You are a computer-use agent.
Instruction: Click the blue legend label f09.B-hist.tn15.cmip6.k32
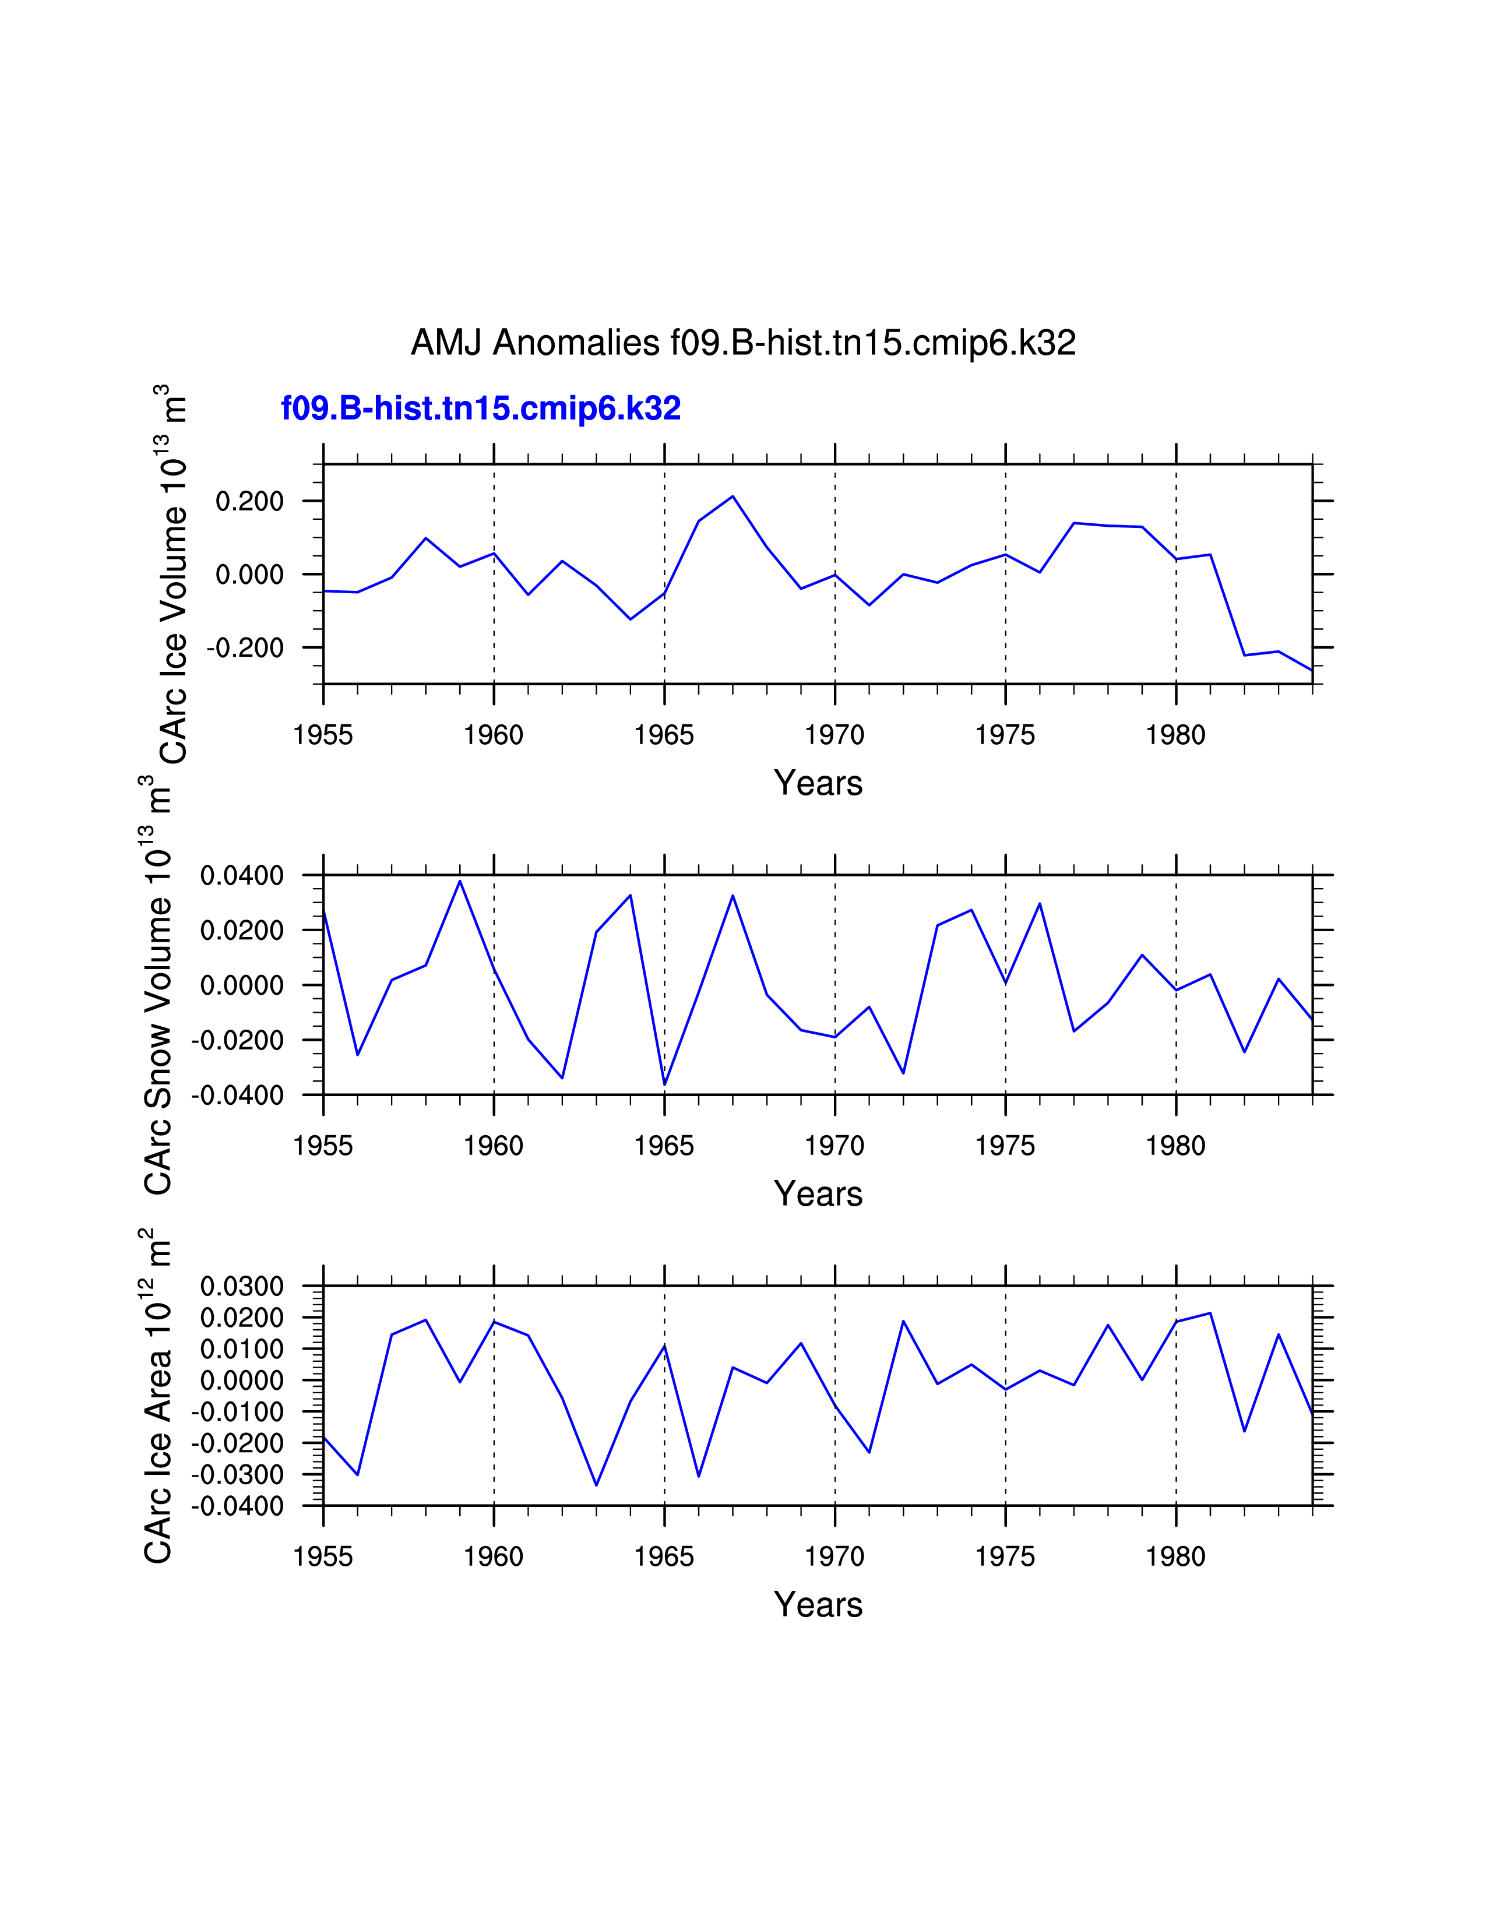point(481,408)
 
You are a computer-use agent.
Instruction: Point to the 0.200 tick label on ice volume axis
point(250,502)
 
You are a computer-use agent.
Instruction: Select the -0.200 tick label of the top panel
point(245,648)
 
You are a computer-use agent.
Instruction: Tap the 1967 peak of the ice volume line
point(733,496)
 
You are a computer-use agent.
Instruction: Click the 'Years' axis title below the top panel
point(818,783)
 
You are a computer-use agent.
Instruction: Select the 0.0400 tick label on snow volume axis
point(242,876)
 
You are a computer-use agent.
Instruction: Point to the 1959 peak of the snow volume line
point(460,881)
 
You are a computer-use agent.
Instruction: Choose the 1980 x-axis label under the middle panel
point(1175,1146)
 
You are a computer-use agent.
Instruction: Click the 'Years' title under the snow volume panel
point(818,1194)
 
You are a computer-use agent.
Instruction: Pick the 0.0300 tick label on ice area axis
point(242,1287)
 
